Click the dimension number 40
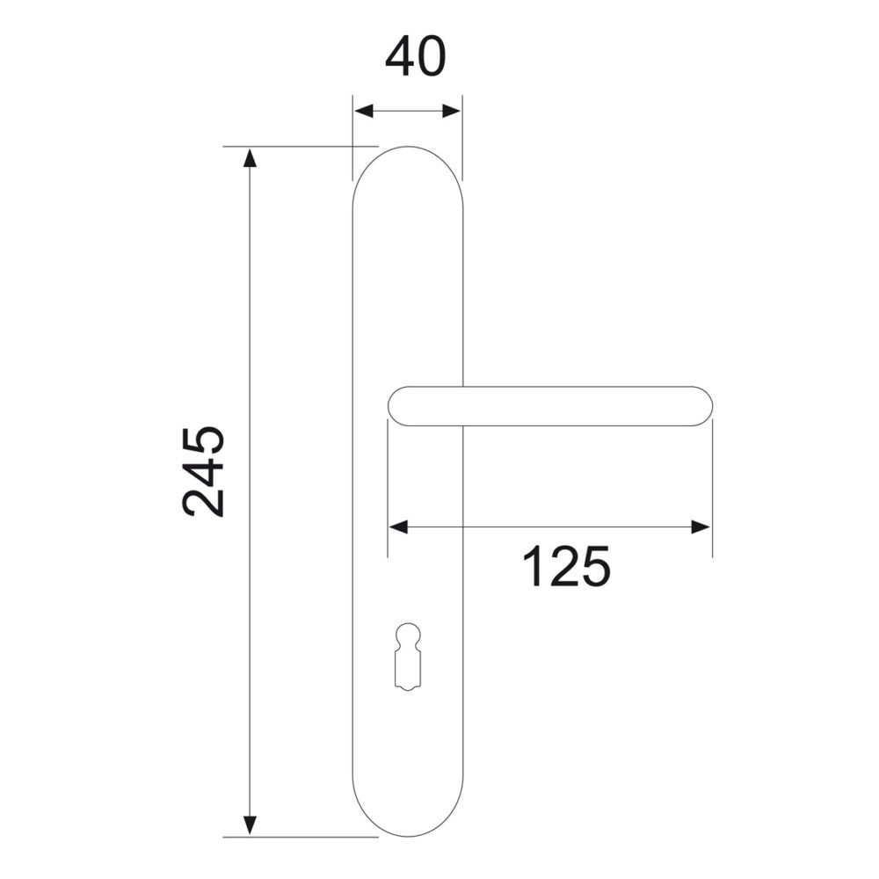[416, 57]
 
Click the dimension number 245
[204, 471]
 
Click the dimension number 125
[566, 566]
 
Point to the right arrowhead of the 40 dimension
[451, 111]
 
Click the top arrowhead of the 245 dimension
[250, 157]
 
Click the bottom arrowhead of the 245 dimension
[250, 825]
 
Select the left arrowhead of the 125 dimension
[398, 527]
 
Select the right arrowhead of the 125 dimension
[701, 527]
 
